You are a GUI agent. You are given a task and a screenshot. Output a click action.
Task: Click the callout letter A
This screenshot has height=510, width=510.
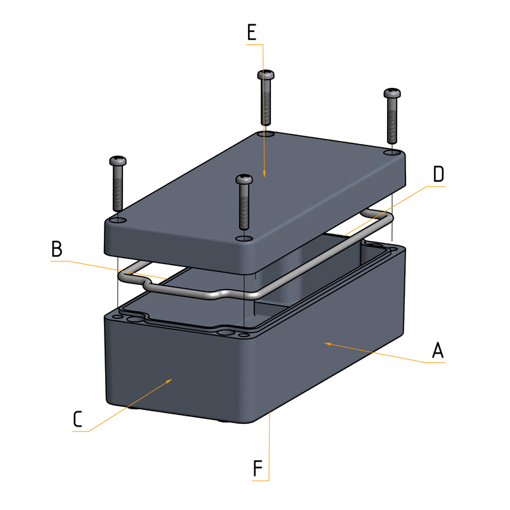click(437, 350)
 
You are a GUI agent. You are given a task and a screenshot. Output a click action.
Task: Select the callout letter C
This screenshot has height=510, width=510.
click(77, 419)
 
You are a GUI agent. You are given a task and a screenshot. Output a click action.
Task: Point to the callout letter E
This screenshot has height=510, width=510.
click(252, 33)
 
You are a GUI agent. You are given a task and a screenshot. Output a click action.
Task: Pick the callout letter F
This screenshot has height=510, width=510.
click(258, 468)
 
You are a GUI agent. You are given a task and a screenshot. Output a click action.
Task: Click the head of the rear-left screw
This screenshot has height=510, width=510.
click(267, 75)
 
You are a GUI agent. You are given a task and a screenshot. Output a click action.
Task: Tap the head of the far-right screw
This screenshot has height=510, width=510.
click(392, 94)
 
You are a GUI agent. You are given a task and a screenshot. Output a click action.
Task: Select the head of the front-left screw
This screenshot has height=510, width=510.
click(119, 160)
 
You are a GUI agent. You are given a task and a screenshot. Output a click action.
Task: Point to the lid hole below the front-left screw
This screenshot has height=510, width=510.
click(118, 220)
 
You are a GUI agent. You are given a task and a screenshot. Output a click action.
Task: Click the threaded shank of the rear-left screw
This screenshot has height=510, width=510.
click(266, 102)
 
